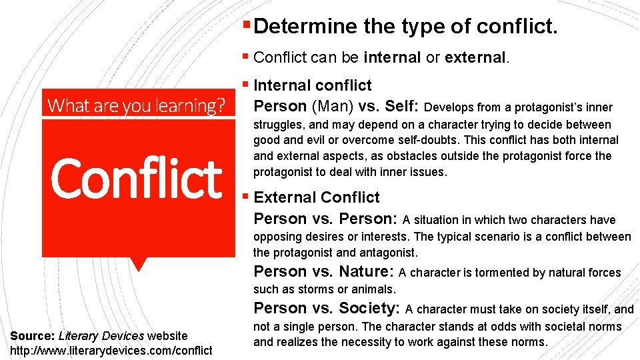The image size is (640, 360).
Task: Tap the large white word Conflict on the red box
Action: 136,178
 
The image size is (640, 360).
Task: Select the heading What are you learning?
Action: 138,105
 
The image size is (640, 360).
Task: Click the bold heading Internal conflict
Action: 313,85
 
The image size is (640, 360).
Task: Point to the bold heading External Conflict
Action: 317,197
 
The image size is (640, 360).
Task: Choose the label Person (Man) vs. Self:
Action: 337,107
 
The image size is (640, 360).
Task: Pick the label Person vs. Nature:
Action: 325,271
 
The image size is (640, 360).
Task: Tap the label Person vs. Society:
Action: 326,308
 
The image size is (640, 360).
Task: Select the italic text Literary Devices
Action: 101,335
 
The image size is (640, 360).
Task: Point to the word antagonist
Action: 391,253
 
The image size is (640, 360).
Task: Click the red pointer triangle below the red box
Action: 138,264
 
